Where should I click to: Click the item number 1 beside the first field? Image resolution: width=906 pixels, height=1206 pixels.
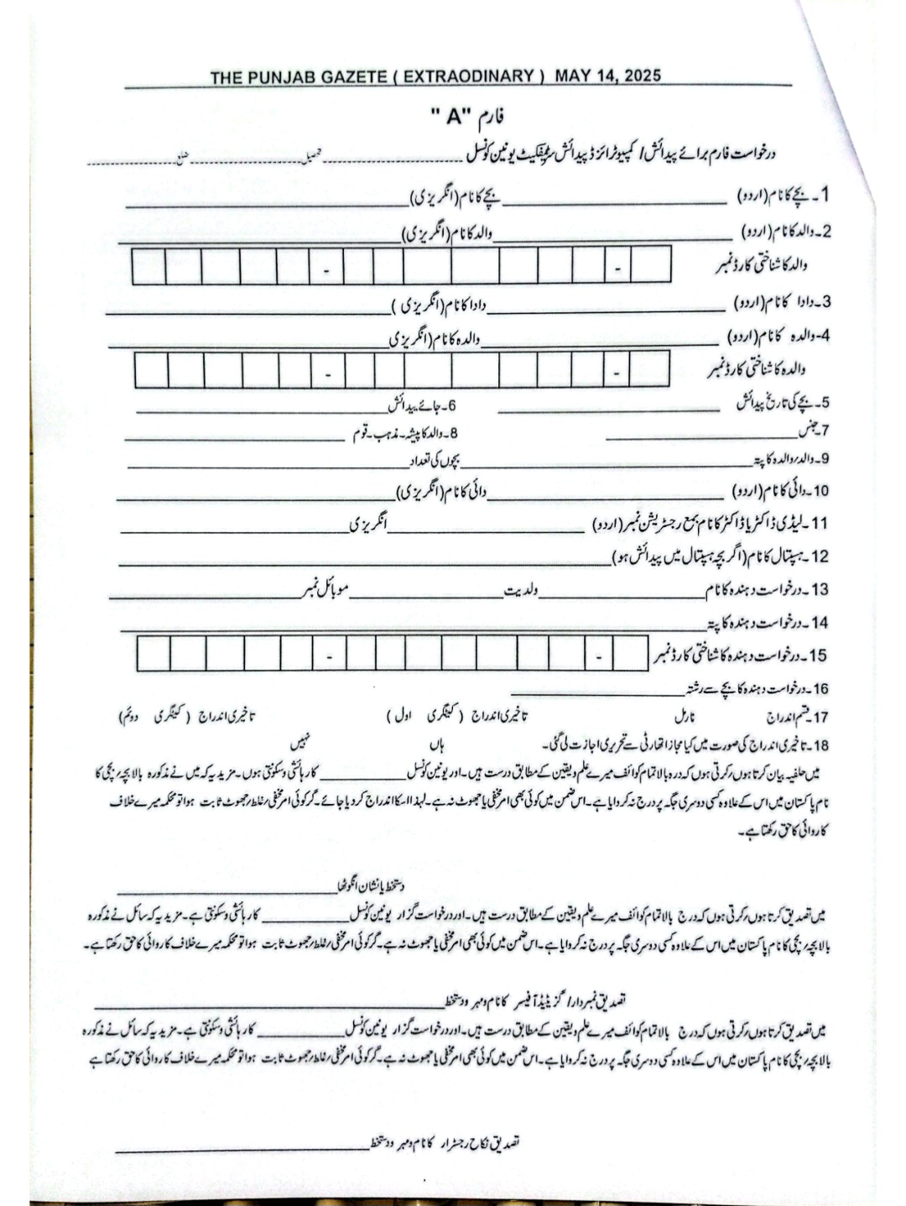824,196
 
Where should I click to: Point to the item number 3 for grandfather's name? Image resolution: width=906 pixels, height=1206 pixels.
825,301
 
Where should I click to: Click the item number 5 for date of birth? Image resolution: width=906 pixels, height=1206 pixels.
825,402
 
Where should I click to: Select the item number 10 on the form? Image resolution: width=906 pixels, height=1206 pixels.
821,490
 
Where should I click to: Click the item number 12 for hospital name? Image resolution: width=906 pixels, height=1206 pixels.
821,556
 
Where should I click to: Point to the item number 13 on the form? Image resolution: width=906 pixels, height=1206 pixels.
821,589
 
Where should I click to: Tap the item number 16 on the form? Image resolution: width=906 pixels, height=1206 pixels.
820,689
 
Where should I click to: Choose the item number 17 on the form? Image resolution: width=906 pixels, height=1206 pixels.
820,718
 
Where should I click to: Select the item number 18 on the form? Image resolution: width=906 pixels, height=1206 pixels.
820,745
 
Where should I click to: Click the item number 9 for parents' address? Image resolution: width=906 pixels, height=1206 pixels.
825,459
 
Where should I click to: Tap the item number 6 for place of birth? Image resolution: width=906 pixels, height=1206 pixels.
451,406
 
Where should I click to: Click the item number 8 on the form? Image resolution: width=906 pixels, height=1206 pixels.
455,434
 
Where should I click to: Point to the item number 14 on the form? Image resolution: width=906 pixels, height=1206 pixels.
820,623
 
